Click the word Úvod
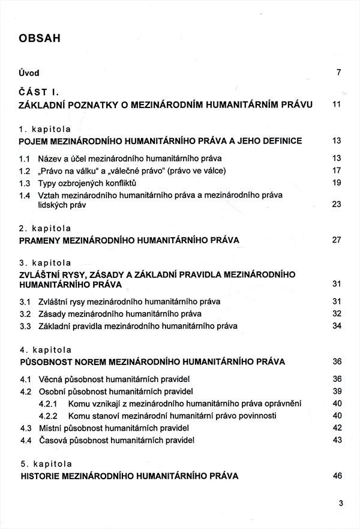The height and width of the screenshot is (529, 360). point(29,73)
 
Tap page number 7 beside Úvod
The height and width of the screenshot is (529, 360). point(338,73)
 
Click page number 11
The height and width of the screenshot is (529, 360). point(336,104)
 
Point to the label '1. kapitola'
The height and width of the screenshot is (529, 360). point(46,128)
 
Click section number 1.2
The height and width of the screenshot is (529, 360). point(25,171)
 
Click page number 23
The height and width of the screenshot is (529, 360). point(336,204)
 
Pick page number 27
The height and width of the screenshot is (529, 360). point(336,240)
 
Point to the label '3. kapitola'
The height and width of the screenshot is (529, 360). point(46,263)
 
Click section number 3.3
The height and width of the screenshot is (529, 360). point(25,327)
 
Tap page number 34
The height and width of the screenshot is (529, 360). point(336,326)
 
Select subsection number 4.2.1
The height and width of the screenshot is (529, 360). point(48,404)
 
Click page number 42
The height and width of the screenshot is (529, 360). point(336,428)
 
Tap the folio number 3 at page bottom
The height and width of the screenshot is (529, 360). point(340,503)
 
